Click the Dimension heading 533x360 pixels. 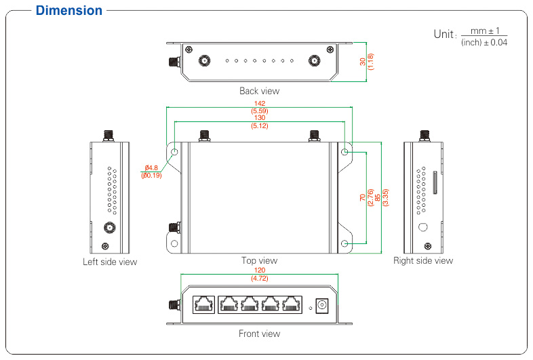click(69, 10)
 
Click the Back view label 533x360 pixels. click(259, 91)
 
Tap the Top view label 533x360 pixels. click(259, 260)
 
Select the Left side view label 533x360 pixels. click(110, 262)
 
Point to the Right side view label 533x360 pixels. click(423, 260)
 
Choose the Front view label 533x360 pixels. click(259, 334)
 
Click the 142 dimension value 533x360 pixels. click(260, 103)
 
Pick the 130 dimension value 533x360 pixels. click(260, 118)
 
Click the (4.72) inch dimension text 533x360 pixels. click(259, 278)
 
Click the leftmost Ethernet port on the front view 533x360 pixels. click(203, 304)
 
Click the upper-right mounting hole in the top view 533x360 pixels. click(344, 152)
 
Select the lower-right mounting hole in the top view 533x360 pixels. click(344, 243)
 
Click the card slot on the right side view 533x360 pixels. click(435, 183)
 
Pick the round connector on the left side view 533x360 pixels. click(108, 228)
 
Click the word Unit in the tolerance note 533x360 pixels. click(444, 34)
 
